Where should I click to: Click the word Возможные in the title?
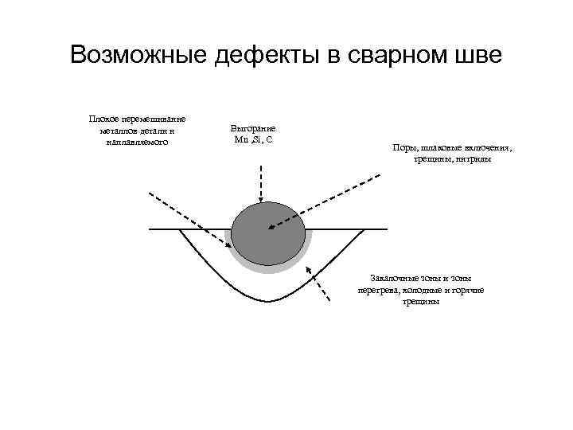[x=137, y=55]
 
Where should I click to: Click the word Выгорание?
[x=253, y=127]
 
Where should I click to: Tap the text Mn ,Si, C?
[x=254, y=139]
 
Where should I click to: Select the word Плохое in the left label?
[x=107, y=118]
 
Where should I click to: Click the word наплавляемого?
[x=137, y=142]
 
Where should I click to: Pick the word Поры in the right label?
[x=403, y=147]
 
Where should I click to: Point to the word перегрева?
[x=376, y=290]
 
